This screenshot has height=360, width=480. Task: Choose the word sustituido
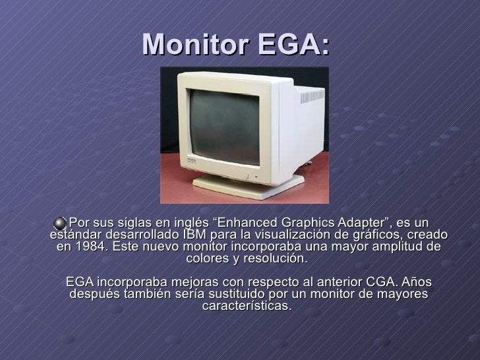pos(256,294)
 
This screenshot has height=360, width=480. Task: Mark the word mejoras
pos(187,282)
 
